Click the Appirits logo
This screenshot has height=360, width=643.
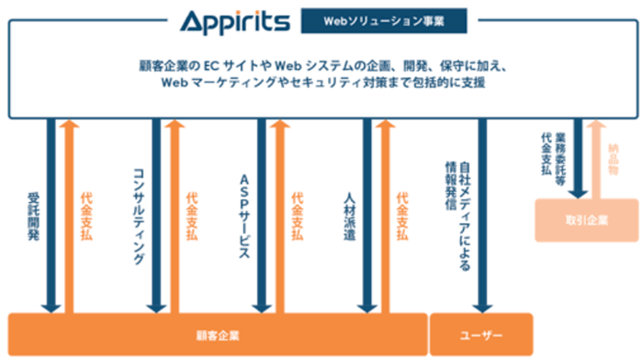(235, 19)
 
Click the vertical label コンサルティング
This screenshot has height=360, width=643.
(139, 217)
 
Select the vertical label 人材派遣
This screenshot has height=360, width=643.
(349, 217)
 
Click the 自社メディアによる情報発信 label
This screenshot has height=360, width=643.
(457, 211)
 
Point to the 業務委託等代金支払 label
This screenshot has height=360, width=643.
(554, 157)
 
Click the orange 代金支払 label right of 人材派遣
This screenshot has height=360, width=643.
(401, 217)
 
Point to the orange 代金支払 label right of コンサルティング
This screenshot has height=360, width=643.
(191, 217)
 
